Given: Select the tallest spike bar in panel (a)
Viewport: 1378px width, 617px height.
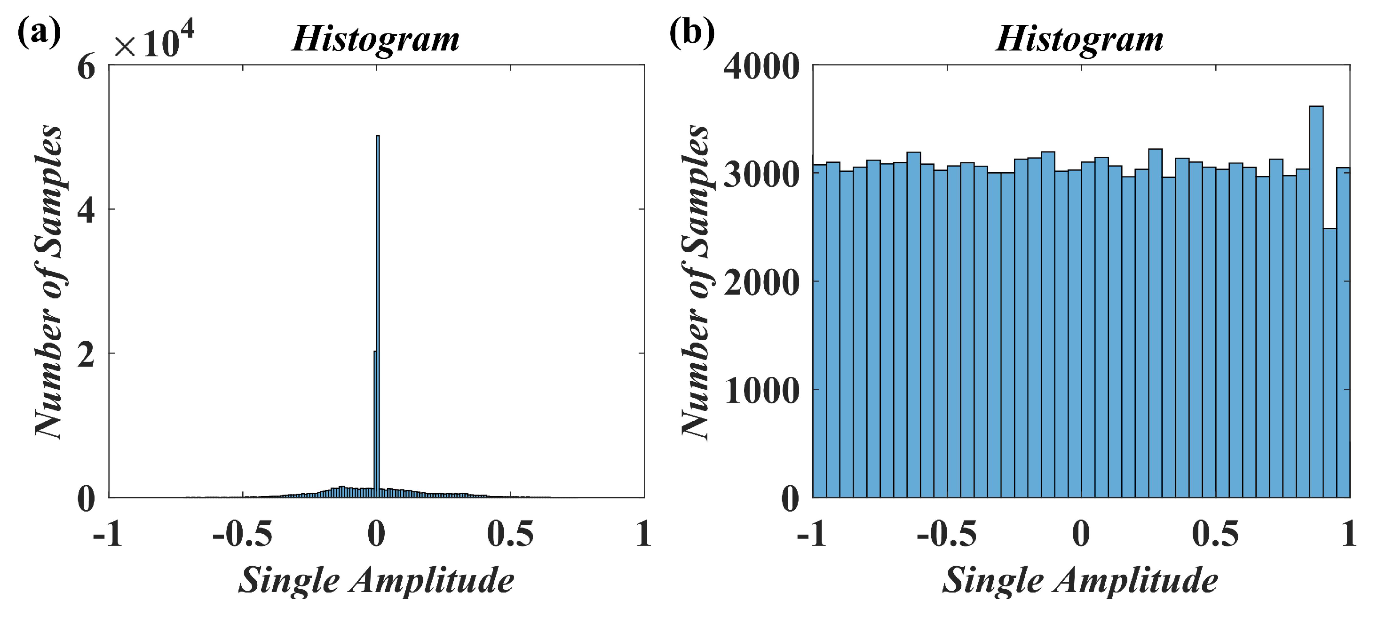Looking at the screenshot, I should coord(378,316).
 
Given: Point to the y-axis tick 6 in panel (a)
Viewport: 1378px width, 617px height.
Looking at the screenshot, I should coord(86,69).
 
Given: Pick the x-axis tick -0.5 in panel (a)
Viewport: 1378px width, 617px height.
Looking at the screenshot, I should coord(242,534).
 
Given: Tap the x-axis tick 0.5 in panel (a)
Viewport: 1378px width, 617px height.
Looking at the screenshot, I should coord(511,534).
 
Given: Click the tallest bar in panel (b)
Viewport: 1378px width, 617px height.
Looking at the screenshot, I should coord(1316,300).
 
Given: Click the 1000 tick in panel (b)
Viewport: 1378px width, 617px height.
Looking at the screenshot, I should coord(761,391).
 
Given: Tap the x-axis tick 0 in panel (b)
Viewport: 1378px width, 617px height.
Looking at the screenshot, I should coord(1081,534).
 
